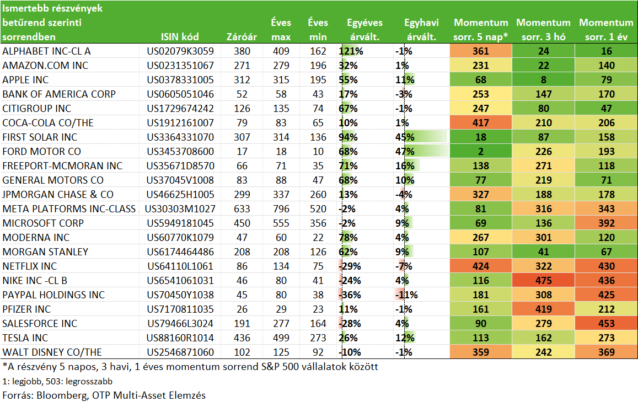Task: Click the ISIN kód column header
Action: coord(180,36)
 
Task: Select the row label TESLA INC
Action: coord(25,337)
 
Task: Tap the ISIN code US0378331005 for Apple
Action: coord(180,80)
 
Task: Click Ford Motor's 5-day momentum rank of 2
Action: coord(480,151)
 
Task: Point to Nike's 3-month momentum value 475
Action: coord(544,280)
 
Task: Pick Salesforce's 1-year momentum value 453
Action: coord(606,324)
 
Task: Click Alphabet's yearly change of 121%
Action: coord(351,51)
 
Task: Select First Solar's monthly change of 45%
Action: coord(405,137)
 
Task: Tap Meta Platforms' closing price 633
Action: coord(242,209)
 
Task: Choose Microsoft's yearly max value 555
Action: coord(281,223)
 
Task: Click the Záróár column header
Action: coord(242,36)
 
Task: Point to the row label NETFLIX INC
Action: coord(30,266)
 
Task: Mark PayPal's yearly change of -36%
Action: coord(350,294)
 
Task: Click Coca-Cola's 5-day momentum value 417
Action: coord(480,123)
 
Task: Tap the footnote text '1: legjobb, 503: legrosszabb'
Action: coord(57,381)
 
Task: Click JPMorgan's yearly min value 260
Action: coord(318,195)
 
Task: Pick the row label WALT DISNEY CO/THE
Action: coord(52,352)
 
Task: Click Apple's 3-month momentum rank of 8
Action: coord(544,80)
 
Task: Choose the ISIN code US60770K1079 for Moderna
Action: coord(180,237)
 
